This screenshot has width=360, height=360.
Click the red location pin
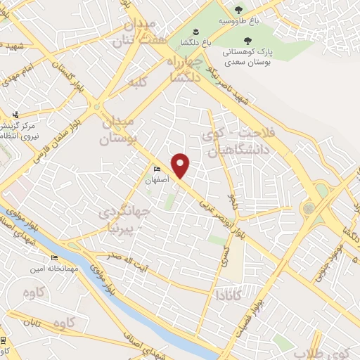[x=181, y=165]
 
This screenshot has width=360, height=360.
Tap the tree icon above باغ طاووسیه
[x=238, y=10]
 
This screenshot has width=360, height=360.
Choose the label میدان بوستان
[x=116, y=130]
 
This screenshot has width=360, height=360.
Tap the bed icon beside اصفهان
[x=156, y=169]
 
